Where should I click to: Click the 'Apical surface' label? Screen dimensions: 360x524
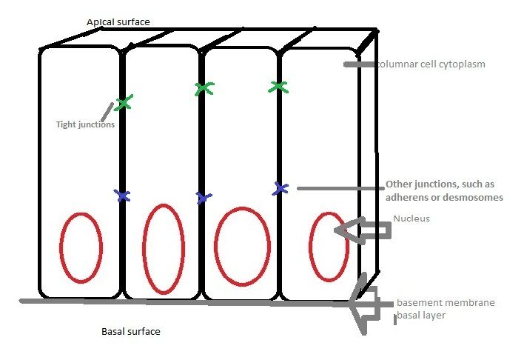click(118, 21)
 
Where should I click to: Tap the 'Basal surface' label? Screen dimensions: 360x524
click(130, 331)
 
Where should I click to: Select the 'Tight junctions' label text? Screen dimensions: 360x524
click(85, 124)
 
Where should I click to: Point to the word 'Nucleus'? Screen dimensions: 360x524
click(411, 219)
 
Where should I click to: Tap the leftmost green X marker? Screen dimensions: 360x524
click(124, 103)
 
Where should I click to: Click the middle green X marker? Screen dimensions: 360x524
click(204, 89)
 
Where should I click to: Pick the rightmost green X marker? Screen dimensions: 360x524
click(278, 87)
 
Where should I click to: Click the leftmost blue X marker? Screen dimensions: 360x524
click(123, 196)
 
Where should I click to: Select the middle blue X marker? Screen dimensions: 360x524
click(204, 197)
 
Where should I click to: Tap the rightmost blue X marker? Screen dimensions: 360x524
click(280, 188)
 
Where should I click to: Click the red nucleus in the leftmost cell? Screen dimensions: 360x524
click(80, 249)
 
